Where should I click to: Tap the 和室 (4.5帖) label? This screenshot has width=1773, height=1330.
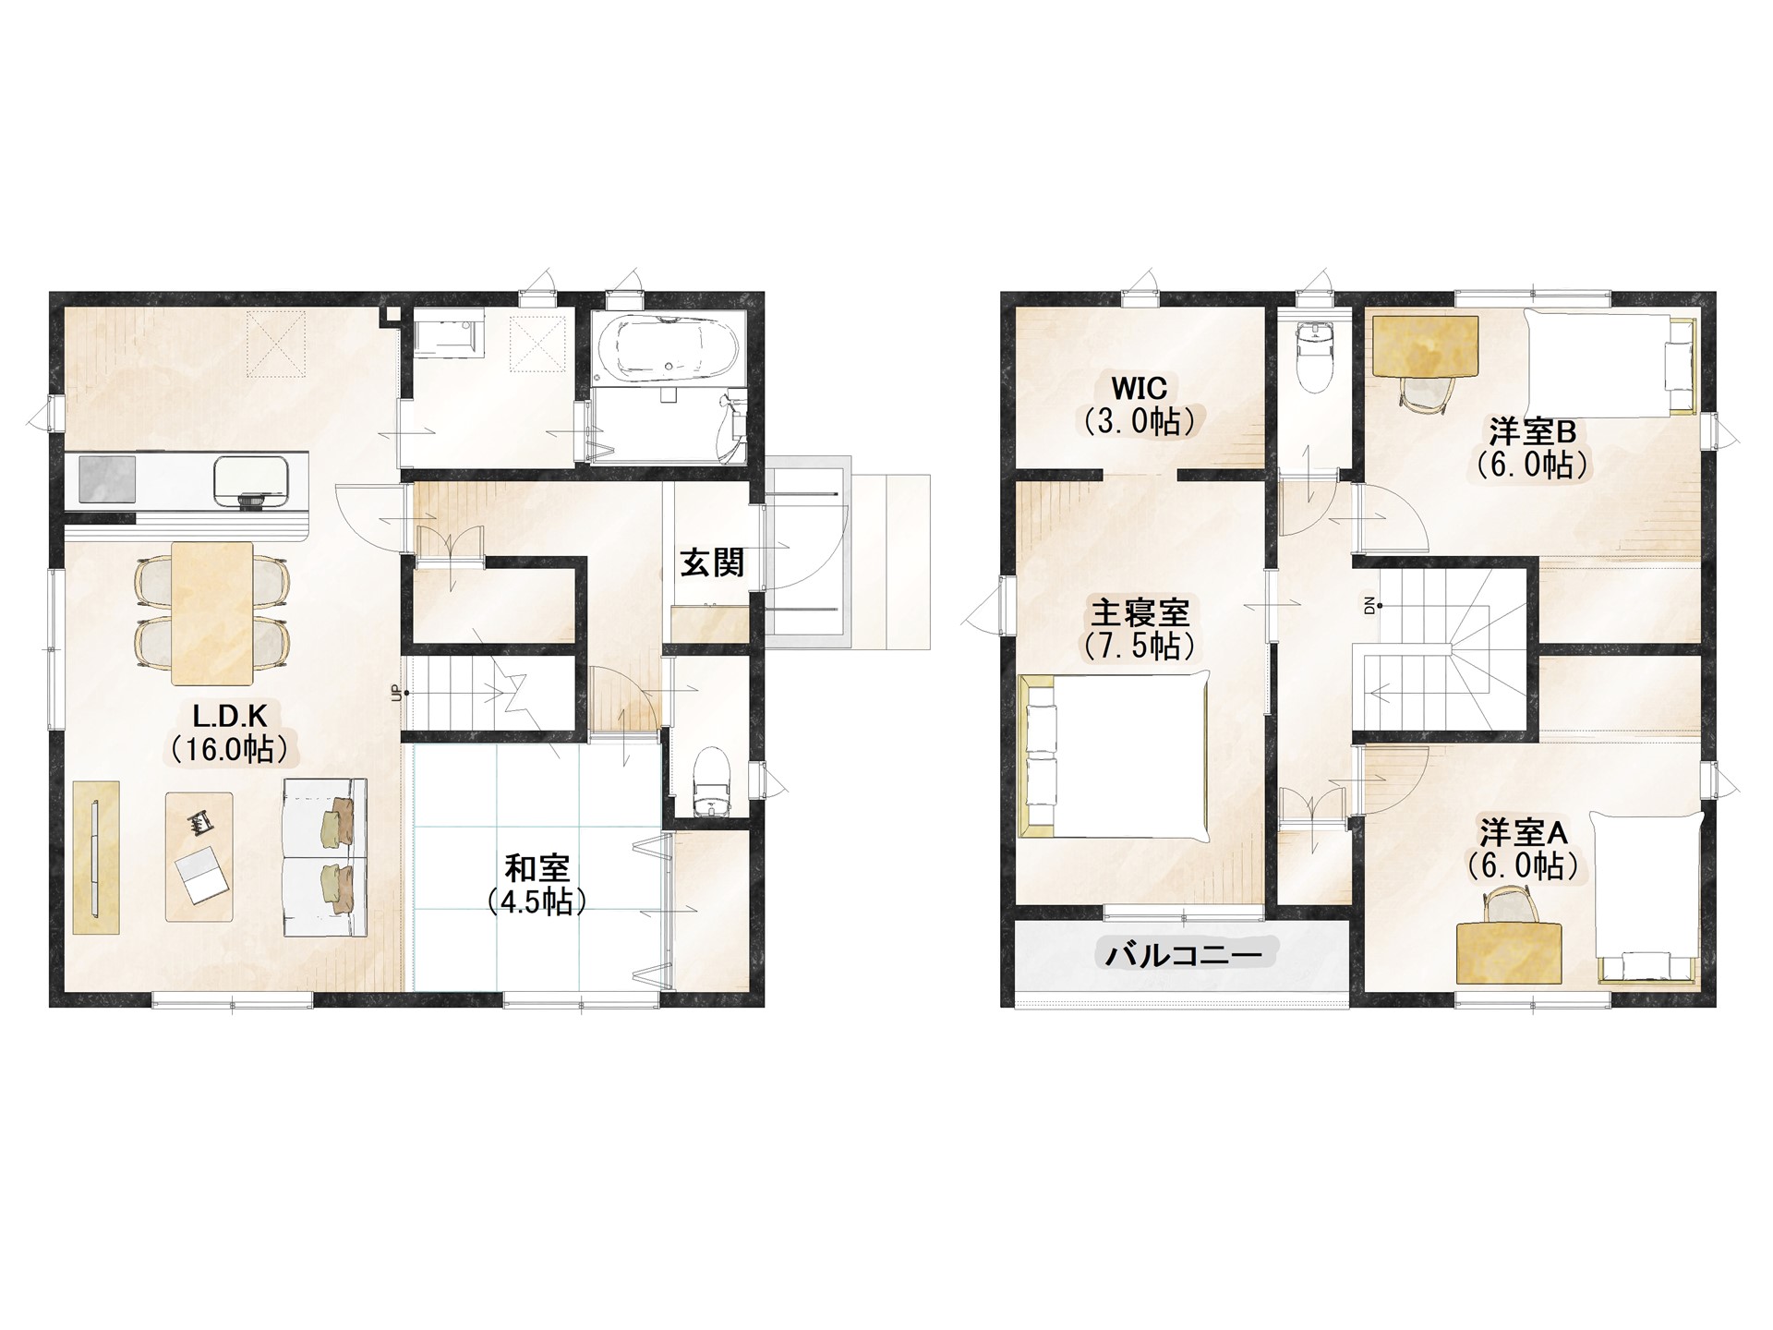click(537, 884)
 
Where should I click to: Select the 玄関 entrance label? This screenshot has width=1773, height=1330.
click(713, 562)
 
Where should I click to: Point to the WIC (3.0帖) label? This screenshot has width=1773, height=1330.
click(1140, 405)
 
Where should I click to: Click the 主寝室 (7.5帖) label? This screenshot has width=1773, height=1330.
click(1140, 628)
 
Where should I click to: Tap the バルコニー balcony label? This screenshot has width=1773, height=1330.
click(1184, 954)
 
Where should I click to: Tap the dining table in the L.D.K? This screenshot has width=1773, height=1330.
click(212, 613)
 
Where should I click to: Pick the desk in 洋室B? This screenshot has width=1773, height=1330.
click(1425, 347)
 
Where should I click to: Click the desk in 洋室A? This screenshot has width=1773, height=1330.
click(1511, 952)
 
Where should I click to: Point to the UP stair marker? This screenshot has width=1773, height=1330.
click(398, 692)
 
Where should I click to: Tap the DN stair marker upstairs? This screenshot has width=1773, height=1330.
click(1369, 606)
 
